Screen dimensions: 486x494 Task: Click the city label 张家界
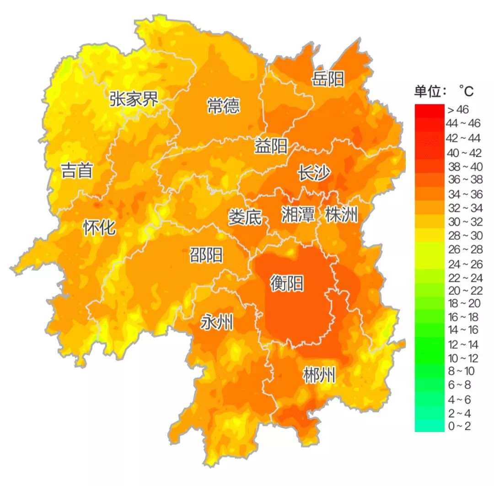(134, 98)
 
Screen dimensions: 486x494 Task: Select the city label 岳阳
(328, 79)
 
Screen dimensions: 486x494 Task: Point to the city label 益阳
(271, 147)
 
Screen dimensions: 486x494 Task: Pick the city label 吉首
(77, 171)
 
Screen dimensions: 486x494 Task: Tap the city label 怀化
(99, 227)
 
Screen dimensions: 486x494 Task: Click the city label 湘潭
(298, 214)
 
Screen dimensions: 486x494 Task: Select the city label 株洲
(341, 214)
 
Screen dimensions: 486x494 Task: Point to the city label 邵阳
(206, 255)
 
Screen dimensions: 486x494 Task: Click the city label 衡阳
(287, 284)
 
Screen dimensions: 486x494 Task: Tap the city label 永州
(217, 324)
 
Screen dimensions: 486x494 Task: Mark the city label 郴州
(319, 376)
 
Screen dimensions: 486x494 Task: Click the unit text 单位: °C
(444, 92)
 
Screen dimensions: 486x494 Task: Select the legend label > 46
(458, 110)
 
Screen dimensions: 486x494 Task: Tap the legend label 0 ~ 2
(458, 427)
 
